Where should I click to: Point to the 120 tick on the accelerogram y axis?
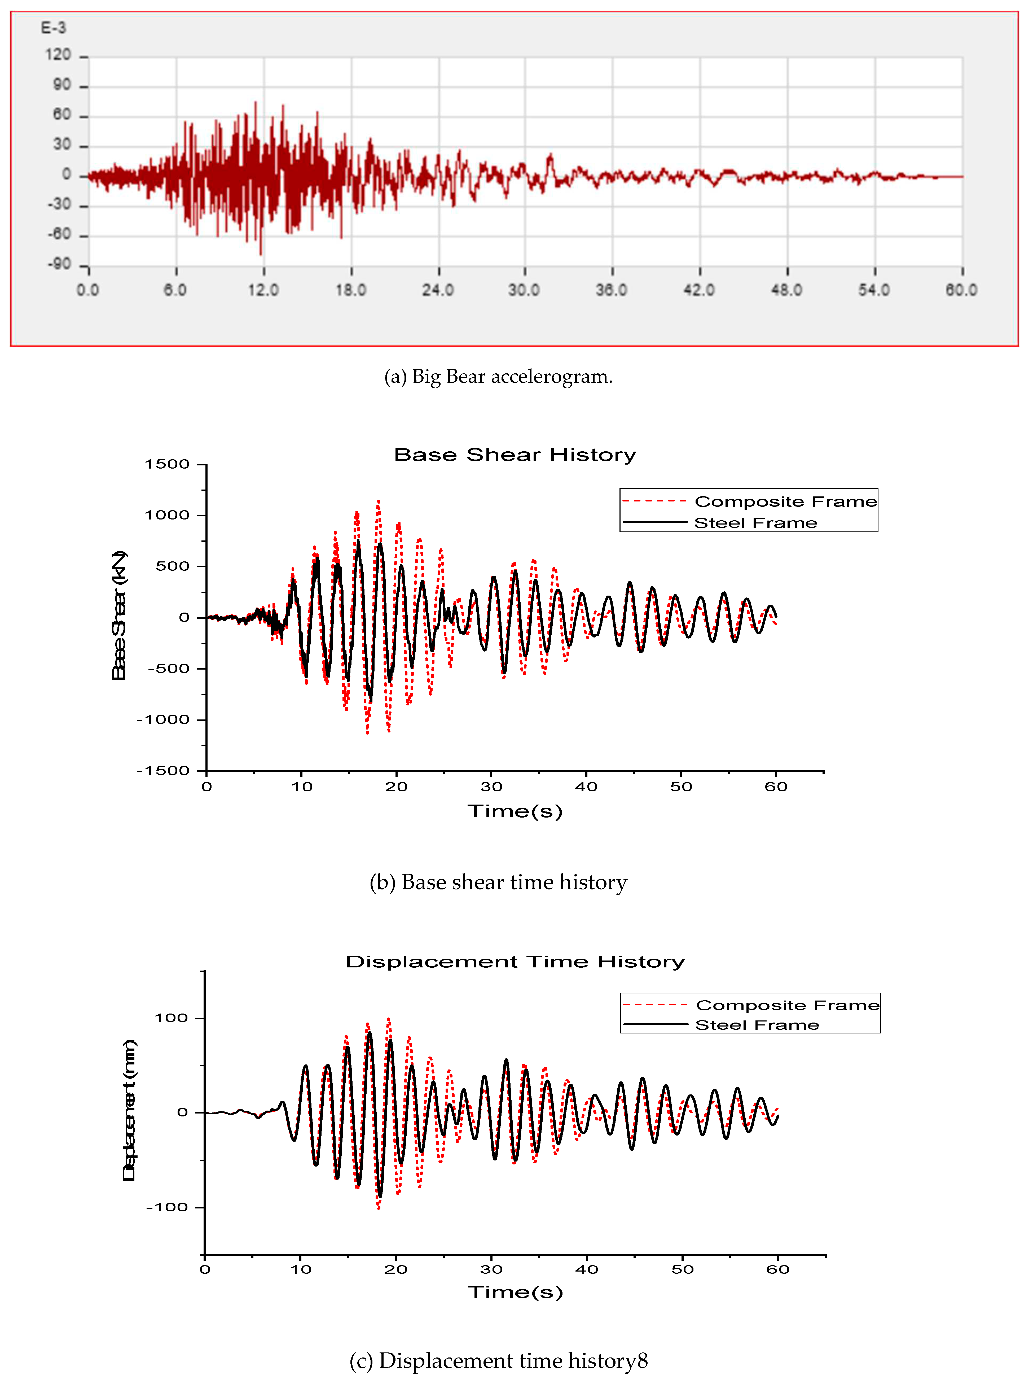coord(58,55)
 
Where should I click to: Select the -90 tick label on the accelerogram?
coord(59,264)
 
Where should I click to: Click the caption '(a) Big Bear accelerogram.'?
coord(498,377)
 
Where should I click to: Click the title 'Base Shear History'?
coord(515,455)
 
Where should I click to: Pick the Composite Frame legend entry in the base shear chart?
coord(785,501)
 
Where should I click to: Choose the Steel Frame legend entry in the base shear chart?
coord(755,523)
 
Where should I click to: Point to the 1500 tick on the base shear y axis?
coord(167,464)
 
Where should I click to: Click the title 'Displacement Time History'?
coord(515,962)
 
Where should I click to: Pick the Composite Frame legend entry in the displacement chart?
coord(787,1005)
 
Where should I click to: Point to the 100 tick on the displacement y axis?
coord(171,1018)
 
